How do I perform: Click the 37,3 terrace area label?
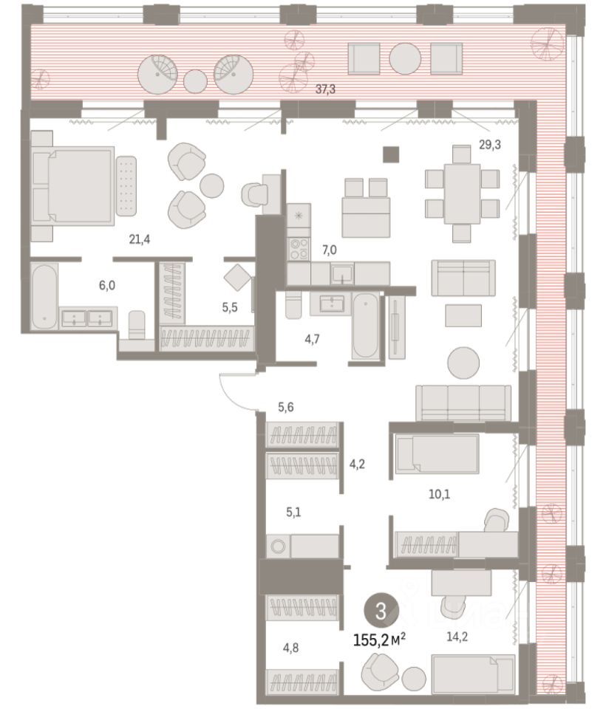(x=325, y=89)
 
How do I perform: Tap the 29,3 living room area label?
(x=490, y=145)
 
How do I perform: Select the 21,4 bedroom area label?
(x=140, y=239)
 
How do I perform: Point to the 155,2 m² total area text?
(x=379, y=640)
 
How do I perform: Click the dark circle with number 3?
(x=381, y=611)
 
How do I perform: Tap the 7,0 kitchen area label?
(x=329, y=250)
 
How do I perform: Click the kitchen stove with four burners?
(x=299, y=249)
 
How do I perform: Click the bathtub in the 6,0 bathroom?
(x=44, y=296)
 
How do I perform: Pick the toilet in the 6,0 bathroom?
(x=137, y=324)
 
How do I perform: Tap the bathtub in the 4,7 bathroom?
(x=365, y=325)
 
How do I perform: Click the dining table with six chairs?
(x=462, y=193)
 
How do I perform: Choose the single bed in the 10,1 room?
(x=437, y=453)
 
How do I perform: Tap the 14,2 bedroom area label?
(x=457, y=637)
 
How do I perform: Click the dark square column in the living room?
(x=391, y=154)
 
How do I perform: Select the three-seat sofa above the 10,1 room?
(x=463, y=403)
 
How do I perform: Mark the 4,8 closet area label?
(x=291, y=648)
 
